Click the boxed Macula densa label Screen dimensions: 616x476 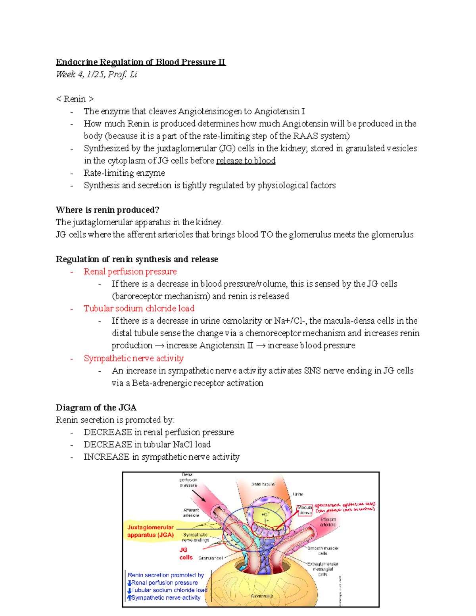(305, 510)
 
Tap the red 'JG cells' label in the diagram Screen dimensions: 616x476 (185, 553)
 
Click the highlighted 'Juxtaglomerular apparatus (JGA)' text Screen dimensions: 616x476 (150, 531)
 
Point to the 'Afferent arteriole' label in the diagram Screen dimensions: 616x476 (191, 512)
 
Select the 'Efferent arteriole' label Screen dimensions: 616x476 (328, 522)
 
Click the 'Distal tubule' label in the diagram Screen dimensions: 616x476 (263, 484)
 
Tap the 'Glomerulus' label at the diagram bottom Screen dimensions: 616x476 (262, 596)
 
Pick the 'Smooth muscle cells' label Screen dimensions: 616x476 (322, 551)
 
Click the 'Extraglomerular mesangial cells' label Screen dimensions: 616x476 (322, 569)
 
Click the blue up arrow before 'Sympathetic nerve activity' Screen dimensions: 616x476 (129, 598)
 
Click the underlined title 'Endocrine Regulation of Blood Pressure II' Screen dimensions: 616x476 (140, 62)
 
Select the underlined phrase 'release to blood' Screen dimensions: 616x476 (246, 161)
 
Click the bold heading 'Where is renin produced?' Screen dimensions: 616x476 (107, 210)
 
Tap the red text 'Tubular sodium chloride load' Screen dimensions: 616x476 (139, 308)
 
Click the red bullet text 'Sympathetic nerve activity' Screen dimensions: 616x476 (133, 358)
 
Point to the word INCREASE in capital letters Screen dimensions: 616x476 (106, 457)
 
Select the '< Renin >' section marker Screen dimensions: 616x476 (75, 99)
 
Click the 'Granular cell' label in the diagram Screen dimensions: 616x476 (210, 558)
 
